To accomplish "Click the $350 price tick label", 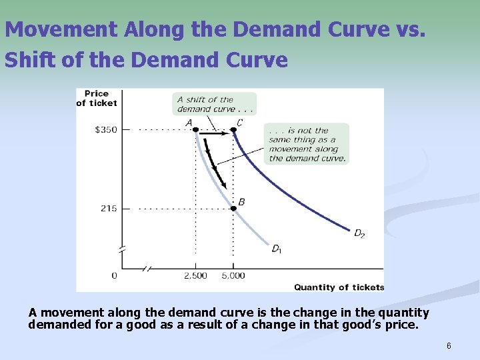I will (107, 129).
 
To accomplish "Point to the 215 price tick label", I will (109, 209).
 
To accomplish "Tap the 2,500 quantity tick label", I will (195, 275).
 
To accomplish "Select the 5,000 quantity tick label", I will (233, 275).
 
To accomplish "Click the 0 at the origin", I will (114, 275).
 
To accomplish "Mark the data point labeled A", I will (195, 130).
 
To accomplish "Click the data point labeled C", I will (233, 130).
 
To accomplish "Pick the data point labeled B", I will (233, 209).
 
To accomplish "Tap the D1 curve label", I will (277, 249).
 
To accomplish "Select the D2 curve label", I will (359, 233).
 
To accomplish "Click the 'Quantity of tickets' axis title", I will (339, 287).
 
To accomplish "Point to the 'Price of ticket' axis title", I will (96, 98).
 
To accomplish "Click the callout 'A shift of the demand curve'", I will (213, 104).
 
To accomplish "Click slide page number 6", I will (449, 346).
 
